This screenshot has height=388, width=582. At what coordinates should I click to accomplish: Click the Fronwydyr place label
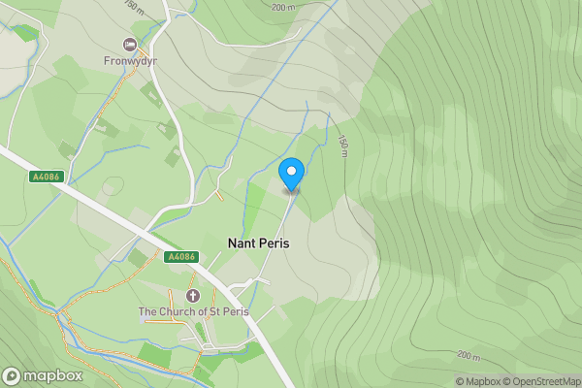(x=130, y=61)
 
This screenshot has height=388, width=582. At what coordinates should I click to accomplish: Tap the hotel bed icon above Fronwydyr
(x=129, y=44)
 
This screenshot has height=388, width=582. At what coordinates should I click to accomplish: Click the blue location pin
(x=291, y=175)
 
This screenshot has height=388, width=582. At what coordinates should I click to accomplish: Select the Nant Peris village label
(x=258, y=244)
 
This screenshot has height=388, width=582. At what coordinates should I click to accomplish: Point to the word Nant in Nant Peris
(x=242, y=244)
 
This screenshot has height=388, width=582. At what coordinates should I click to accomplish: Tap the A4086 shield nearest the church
(x=181, y=257)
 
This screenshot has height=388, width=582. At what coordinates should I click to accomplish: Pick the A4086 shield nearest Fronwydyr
(x=46, y=178)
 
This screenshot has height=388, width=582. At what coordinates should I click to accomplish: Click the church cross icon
(x=191, y=295)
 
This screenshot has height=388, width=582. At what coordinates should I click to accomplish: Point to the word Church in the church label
(x=177, y=312)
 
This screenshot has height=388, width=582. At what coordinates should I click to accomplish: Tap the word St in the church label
(x=214, y=312)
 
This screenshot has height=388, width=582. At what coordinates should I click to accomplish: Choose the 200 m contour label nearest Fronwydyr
(x=283, y=7)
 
